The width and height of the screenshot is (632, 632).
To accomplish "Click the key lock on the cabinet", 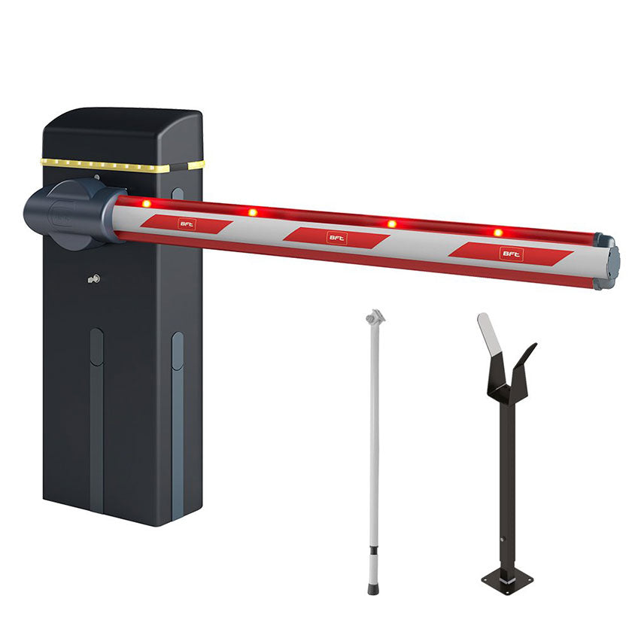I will [93, 280].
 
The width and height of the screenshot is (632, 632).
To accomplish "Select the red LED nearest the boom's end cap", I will [497, 232].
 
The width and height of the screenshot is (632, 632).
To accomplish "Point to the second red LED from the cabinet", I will [253, 212].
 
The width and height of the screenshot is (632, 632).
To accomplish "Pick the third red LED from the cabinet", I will [391, 223].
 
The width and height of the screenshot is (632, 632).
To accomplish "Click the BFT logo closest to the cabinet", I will [186, 223].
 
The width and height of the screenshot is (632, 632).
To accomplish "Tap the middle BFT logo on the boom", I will [336, 238].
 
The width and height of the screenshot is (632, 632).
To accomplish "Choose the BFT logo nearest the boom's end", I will [509, 254].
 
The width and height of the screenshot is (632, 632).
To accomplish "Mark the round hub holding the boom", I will [71, 213].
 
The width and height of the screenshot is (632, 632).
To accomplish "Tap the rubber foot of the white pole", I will [372, 586].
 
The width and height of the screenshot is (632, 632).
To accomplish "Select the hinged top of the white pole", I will [375, 317].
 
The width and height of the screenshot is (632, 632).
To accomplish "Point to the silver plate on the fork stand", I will [488, 335].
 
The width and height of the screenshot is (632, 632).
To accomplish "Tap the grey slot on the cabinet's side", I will [177, 421].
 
